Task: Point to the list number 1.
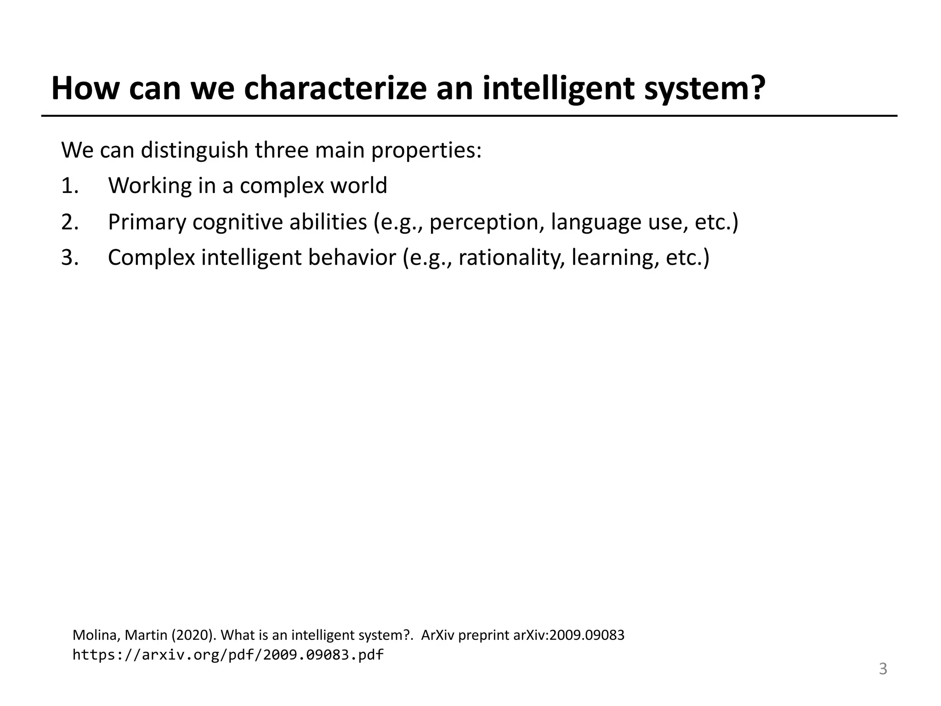(x=70, y=186)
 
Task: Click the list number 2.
(x=70, y=222)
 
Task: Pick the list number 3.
(x=70, y=257)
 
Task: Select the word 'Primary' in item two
(x=146, y=222)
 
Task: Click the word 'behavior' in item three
(x=351, y=257)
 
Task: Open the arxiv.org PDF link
(x=228, y=655)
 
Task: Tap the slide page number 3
(x=883, y=669)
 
